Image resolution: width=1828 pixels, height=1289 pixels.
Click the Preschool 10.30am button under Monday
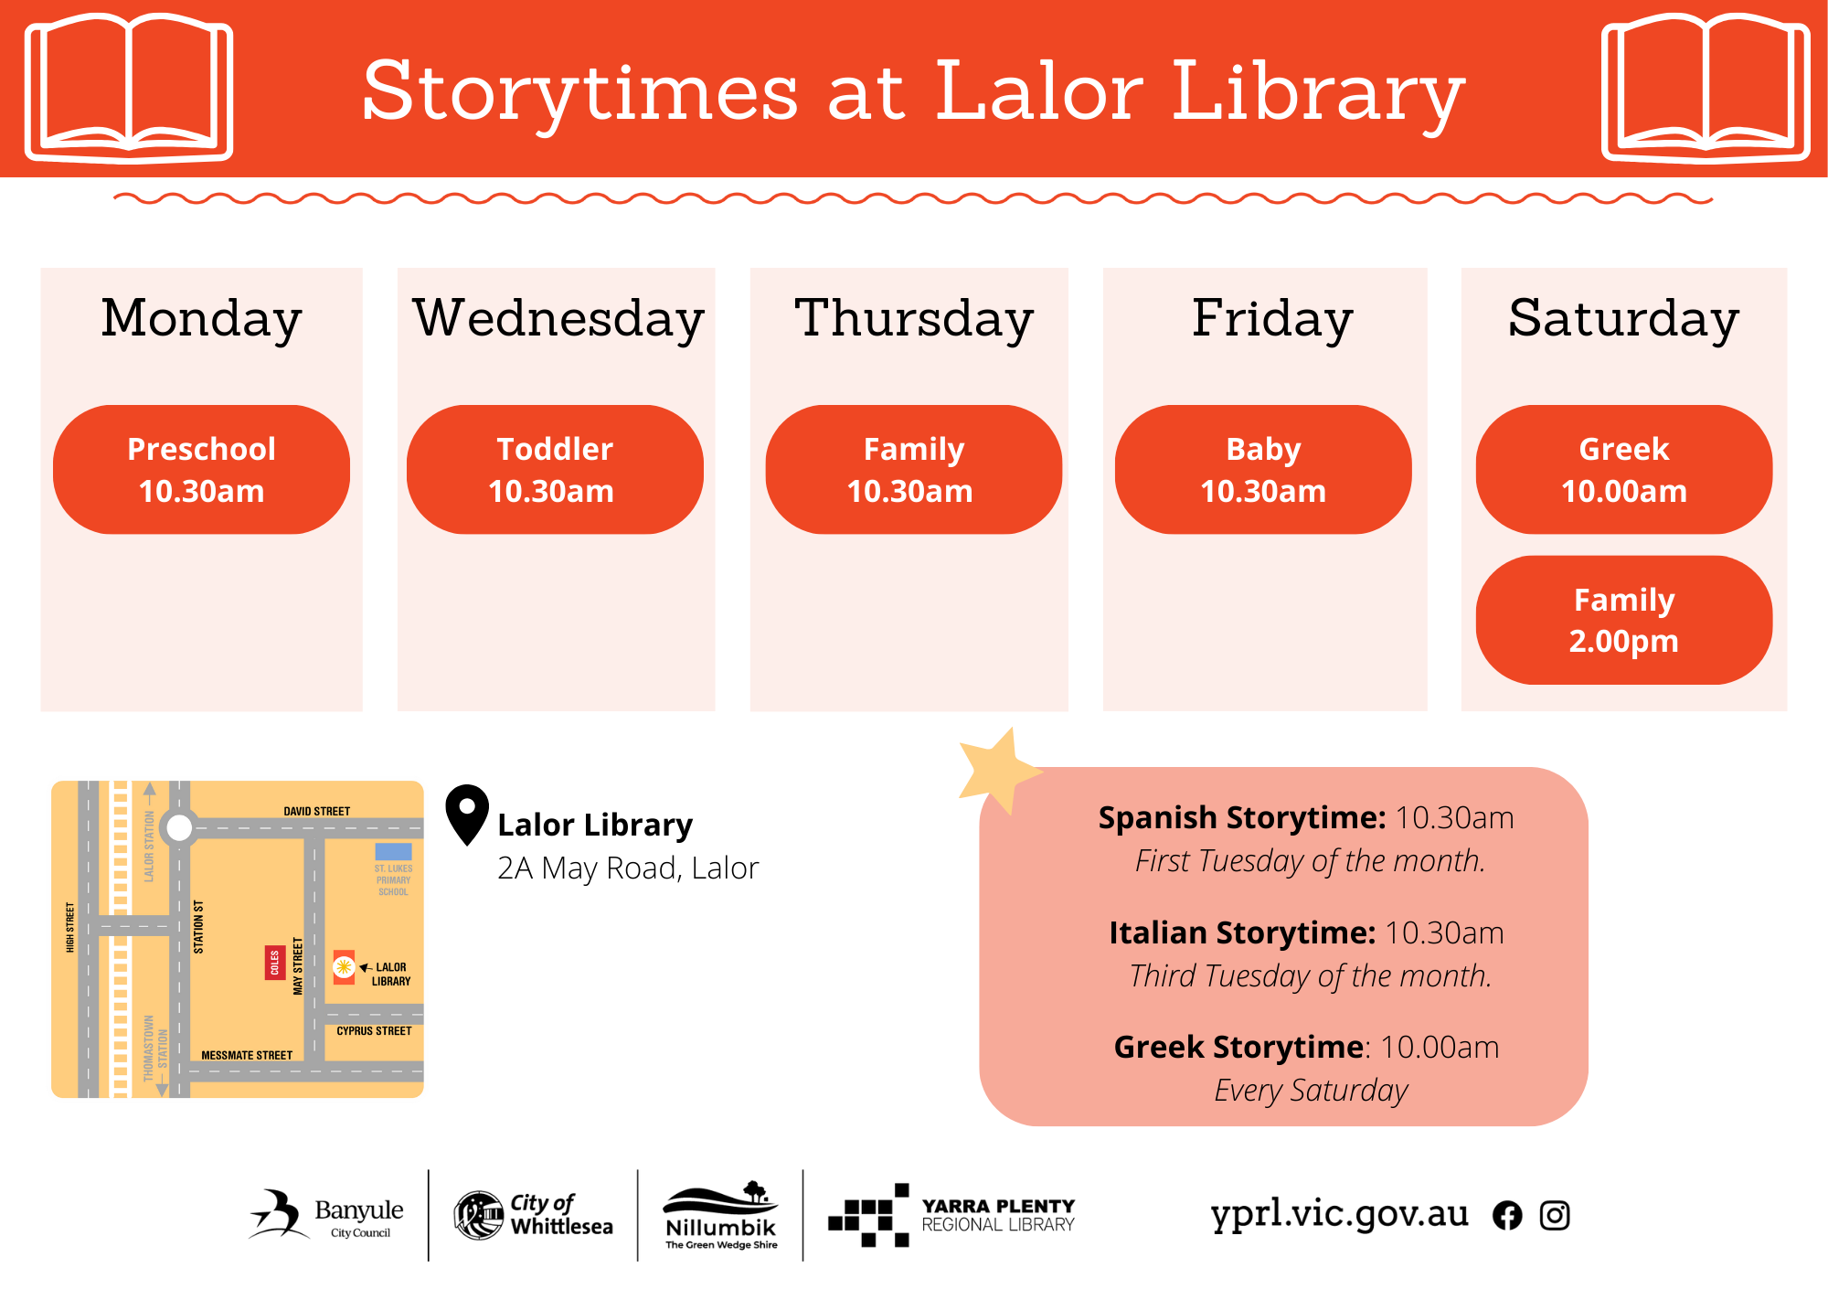[201, 470]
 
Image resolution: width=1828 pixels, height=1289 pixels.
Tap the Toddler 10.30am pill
[555, 470]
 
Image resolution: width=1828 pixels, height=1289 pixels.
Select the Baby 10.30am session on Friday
[1263, 470]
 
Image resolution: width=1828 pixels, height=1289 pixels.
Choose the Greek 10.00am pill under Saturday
[1624, 470]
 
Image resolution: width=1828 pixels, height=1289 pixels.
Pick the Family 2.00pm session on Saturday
[1624, 620]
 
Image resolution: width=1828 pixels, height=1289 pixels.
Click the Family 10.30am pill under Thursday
[914, 470]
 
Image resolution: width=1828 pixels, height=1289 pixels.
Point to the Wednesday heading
[558, 319]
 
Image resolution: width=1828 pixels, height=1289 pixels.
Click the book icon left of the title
[129, 88]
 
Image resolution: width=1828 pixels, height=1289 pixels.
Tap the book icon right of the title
[1706, 88]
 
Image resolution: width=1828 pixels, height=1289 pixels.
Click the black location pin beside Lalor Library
[467, 814]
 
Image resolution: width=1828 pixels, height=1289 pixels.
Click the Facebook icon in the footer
[1507, 1215]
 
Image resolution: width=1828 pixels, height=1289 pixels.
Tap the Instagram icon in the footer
[1555, 1215]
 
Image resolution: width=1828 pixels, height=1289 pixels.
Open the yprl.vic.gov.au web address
[1339, 1214]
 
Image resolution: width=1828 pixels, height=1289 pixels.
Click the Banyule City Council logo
[326, 1215]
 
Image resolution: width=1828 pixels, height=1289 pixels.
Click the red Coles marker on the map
[274, 962]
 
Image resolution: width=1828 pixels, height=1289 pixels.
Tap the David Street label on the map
[316, 811]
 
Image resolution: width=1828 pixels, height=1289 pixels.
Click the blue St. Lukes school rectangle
[394, 851]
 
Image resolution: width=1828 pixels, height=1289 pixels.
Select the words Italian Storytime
[1242, 932]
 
